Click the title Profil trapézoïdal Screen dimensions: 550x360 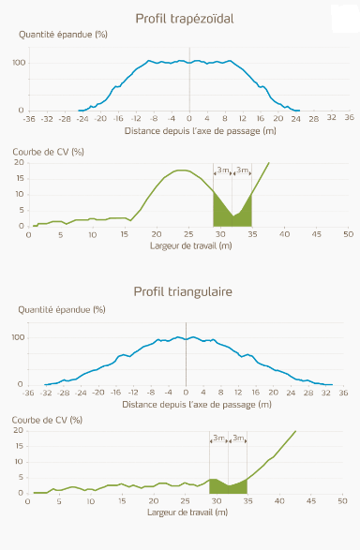pyautogui.click(x=184, y=19)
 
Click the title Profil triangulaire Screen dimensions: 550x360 pyautogui.click(x=183, y=292)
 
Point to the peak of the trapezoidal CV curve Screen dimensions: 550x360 pyautogui.click(x=184, y=171)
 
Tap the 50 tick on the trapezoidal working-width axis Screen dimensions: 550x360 pyautogui.click(x=348, y=234)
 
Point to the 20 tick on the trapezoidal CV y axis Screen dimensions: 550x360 pyautogui.click(x=20, y=162)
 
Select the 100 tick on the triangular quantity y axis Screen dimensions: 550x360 pyautogui.click(x=16, y=335)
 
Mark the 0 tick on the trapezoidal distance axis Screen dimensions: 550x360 pyautogui.click(x=189, y=119)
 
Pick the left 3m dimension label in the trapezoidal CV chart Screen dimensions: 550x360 pyautogui.click(x=222, y=170)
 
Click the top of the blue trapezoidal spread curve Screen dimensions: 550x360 pyautogui.click(x=189, y=63)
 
